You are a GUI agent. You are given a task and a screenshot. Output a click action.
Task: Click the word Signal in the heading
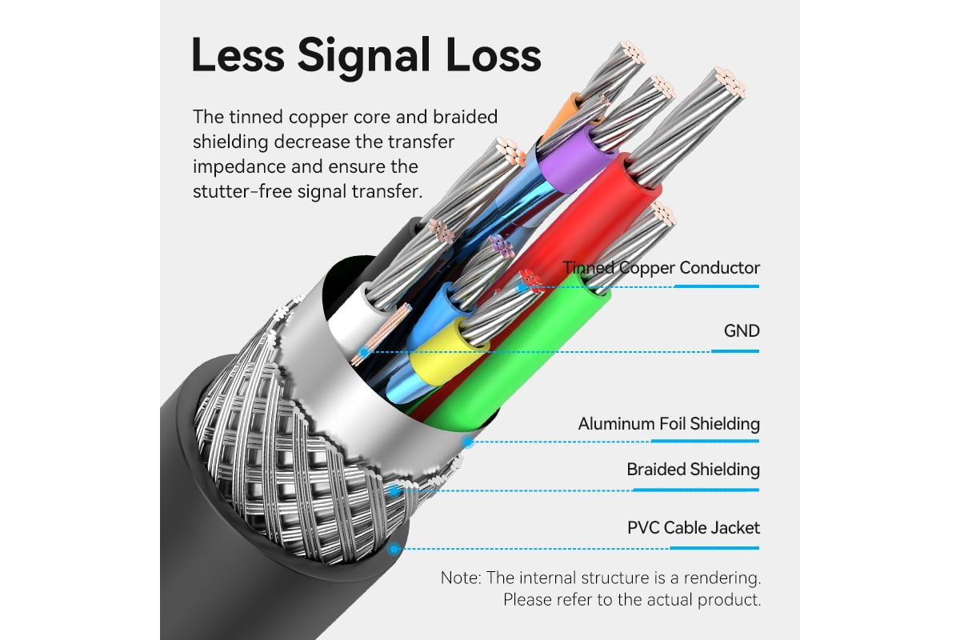tap(364, 58)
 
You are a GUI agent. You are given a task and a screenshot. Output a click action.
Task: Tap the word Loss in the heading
tap(494, 55)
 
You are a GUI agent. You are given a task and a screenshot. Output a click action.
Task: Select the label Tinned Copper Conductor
tap(662, 268)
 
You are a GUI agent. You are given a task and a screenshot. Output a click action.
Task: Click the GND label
tap(742, 331)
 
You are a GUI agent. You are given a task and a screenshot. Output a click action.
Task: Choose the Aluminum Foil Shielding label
tap(669, 424)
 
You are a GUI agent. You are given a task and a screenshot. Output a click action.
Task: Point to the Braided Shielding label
tap(693, 470)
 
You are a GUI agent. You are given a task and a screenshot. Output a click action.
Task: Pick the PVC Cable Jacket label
tap(694, 528)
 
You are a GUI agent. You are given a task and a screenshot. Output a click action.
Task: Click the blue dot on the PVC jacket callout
tap(394, 548)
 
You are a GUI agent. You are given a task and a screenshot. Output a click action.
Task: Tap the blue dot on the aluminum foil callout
tap(469, 442)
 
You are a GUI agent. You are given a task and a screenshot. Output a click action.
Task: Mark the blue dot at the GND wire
tap(364, 352)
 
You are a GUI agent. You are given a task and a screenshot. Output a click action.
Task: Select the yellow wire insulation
tap(446, 351)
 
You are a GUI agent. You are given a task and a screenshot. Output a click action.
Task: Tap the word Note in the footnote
tap(459, 578)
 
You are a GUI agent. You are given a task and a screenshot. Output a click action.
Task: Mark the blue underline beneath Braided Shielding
tap(696, 490)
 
